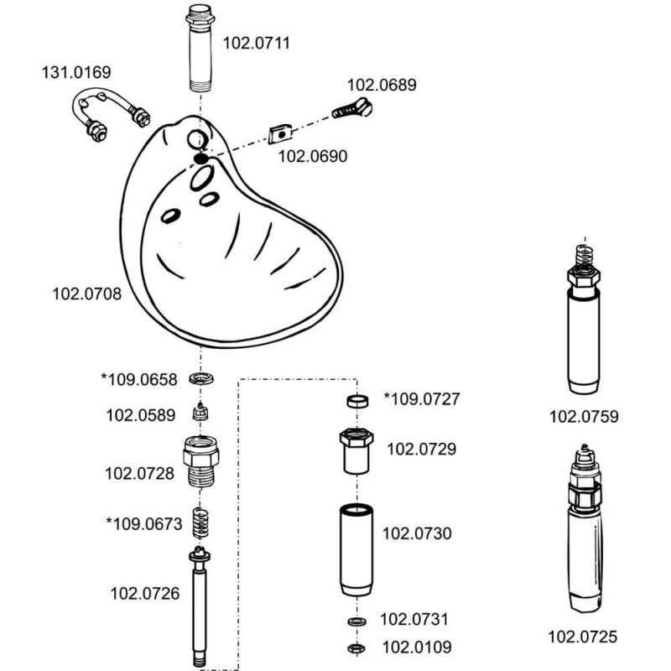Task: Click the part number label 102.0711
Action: tap(256, 43)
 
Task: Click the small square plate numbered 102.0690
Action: tap(282, 132)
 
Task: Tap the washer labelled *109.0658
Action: tap(199, 379)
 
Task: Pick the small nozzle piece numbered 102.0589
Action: tap(199, 414)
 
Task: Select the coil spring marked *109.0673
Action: tap(200, 523)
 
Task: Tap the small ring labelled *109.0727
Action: tap(356, 400)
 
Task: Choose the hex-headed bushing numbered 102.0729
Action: tap(356, 450)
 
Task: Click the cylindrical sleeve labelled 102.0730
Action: tap(356, 549)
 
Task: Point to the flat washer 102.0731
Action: tap(356, 622)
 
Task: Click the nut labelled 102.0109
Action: tap(356, 648)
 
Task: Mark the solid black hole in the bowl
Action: tap(200, 159)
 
